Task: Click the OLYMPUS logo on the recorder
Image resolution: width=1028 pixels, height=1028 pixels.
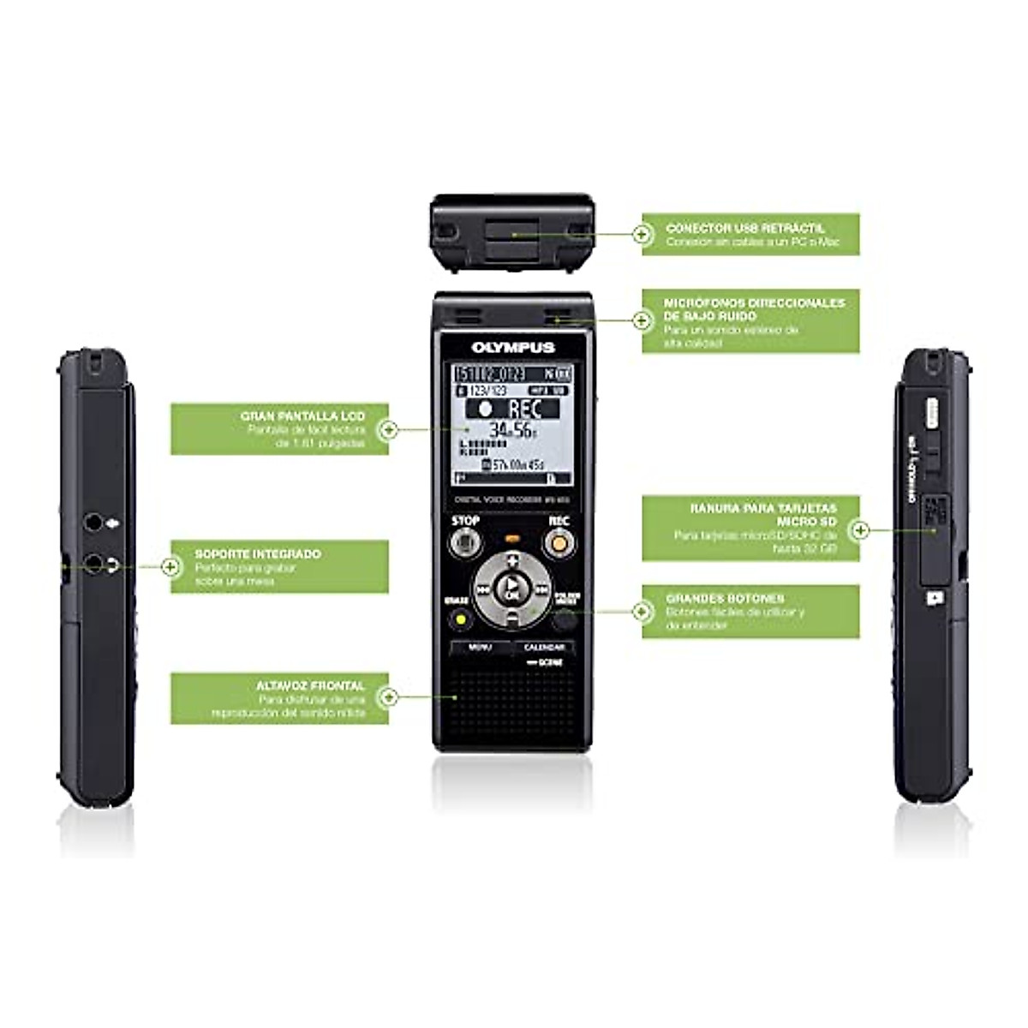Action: pos(513,347)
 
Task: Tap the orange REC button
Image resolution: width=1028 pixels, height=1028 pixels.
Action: pos(559,542)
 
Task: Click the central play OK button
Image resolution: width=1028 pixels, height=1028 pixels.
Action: pos(512,589)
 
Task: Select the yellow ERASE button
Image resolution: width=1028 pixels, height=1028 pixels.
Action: pos(461,619)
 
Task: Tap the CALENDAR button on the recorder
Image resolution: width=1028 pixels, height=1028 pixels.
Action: pos(544,648)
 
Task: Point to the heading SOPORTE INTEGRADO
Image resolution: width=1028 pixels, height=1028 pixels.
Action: pos(258,553)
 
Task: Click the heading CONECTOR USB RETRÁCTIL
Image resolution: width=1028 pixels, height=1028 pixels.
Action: pos(745,229)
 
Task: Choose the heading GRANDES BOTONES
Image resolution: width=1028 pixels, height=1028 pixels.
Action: pos(725,598)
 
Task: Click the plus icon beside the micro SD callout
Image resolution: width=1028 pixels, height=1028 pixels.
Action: pos(860,530)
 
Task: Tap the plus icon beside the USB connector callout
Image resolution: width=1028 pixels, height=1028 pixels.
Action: pos(642,233)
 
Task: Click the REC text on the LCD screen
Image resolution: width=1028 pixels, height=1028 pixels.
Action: pos(523,409)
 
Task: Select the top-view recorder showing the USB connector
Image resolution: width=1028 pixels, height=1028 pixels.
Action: pos(512,232)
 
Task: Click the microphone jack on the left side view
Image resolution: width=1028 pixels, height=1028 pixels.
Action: pos(93,522)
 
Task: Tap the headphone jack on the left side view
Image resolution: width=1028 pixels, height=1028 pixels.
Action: pos(93,564)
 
